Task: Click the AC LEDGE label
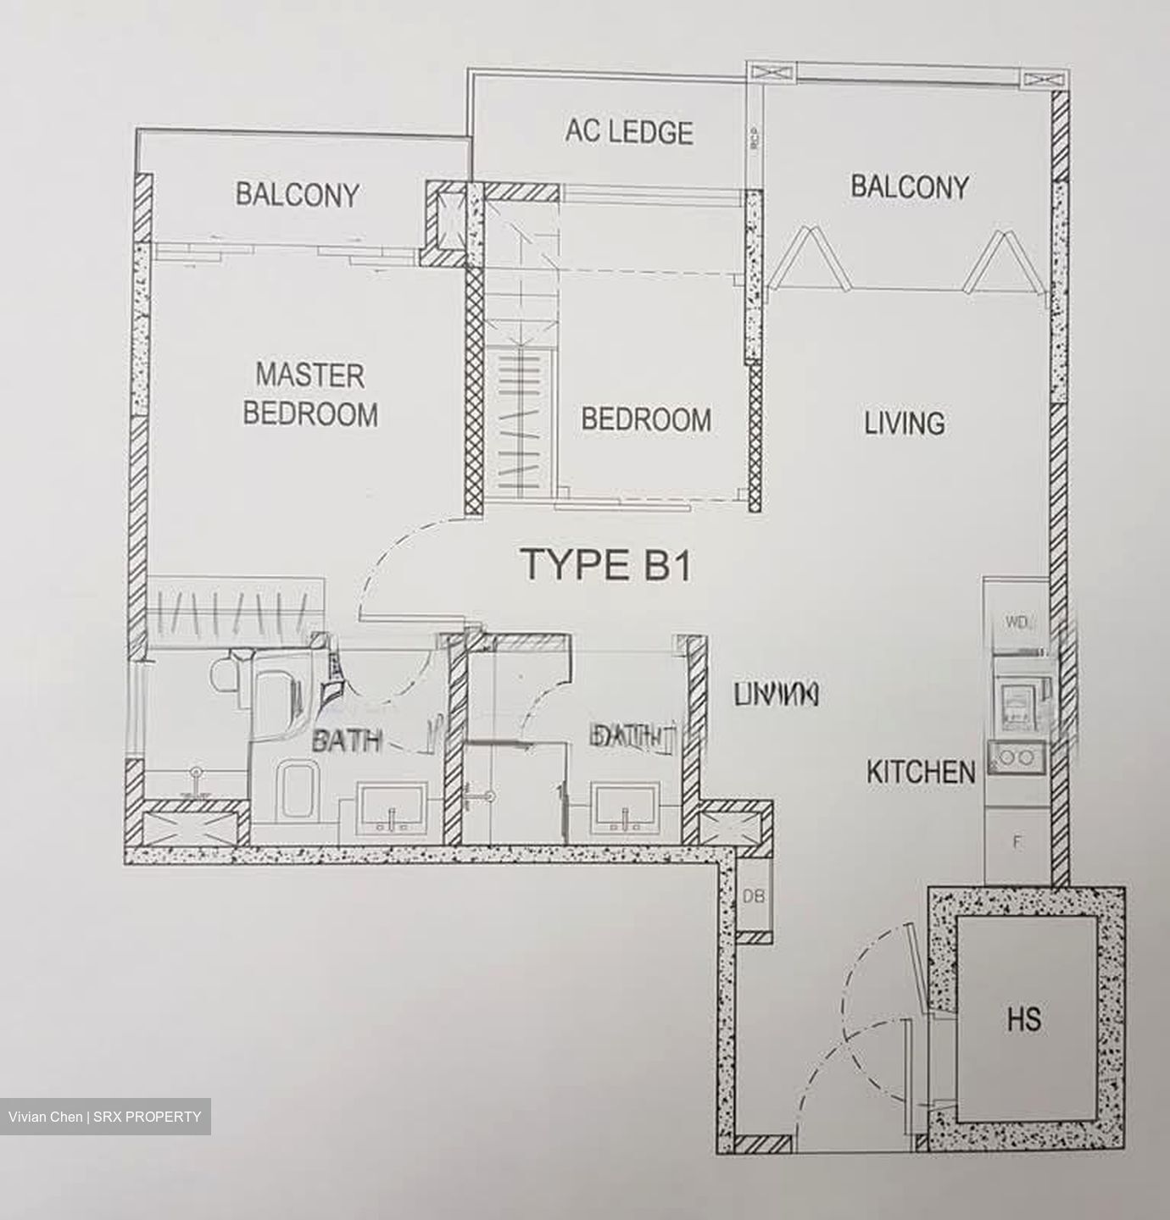coord(629,132)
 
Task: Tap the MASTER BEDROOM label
coord(310,395)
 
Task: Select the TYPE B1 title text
coord(606,565)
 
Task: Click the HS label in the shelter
coord(1024,1019)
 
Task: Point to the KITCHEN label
coord(921,772)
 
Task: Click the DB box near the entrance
coord(751,896)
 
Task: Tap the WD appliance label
coord(1017,624)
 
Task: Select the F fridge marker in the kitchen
coord(1017,842)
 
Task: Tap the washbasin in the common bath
coord(625,807)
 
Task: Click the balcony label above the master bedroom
coord(297,195)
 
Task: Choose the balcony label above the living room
coord(909,186)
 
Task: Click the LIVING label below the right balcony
coord(905,423)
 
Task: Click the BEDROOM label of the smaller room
coord(646,419)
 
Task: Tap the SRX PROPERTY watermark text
coord(148,1117)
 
